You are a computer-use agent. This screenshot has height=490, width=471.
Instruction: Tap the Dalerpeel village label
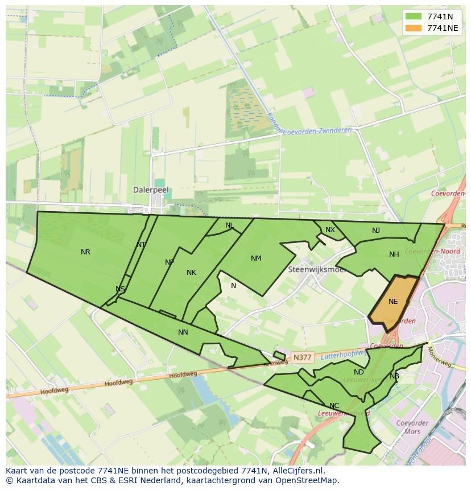[151, 190]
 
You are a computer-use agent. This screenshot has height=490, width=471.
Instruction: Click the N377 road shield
[301, 357]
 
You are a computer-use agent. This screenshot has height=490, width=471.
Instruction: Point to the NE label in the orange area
[393, 302]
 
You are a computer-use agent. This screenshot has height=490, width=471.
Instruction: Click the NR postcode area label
[85, 252]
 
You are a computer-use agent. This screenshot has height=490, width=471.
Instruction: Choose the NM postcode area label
[256, 258]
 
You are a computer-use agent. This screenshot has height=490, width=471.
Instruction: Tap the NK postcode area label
[191, 273]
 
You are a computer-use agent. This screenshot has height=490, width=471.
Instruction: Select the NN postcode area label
[183, 332]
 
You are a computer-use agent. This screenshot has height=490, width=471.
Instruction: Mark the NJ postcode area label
[376, 230]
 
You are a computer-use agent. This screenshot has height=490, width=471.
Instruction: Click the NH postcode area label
[394, 254]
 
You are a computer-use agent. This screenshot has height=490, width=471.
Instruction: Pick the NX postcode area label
[330, 230]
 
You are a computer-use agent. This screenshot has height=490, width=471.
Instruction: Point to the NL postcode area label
[229, 225]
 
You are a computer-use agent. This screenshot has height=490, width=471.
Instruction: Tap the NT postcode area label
[141, 245]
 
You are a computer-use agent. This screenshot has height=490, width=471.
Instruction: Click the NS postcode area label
[120, 289]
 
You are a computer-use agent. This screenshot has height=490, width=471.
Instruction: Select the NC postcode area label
[334, 406]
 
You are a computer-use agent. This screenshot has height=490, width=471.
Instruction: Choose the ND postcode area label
[358, 372]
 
